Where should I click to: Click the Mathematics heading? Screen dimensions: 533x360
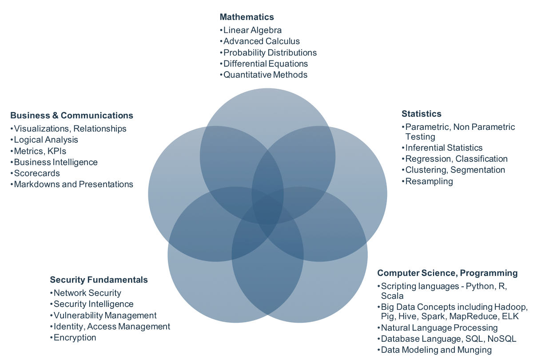[x=247, y=17]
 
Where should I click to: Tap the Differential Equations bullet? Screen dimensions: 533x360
[x=265, y=64]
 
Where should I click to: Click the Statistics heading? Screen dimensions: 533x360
[x=421, y=114]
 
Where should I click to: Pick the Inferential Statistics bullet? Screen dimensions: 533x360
[x=443, y=148]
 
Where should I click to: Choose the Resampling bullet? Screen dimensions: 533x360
[x=429, y=181]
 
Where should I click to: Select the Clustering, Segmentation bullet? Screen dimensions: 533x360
[x=455, y=170]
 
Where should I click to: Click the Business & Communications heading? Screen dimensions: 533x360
[x=72, y=116]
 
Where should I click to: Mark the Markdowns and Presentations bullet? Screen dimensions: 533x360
[x=73, y=184]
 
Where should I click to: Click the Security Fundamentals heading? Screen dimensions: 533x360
[x=99, y=280]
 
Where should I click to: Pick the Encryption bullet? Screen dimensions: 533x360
[x=74, y=337]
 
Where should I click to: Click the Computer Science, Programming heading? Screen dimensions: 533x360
[x=447, y=272]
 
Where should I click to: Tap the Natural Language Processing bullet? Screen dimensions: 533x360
[x=439, y=328]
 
